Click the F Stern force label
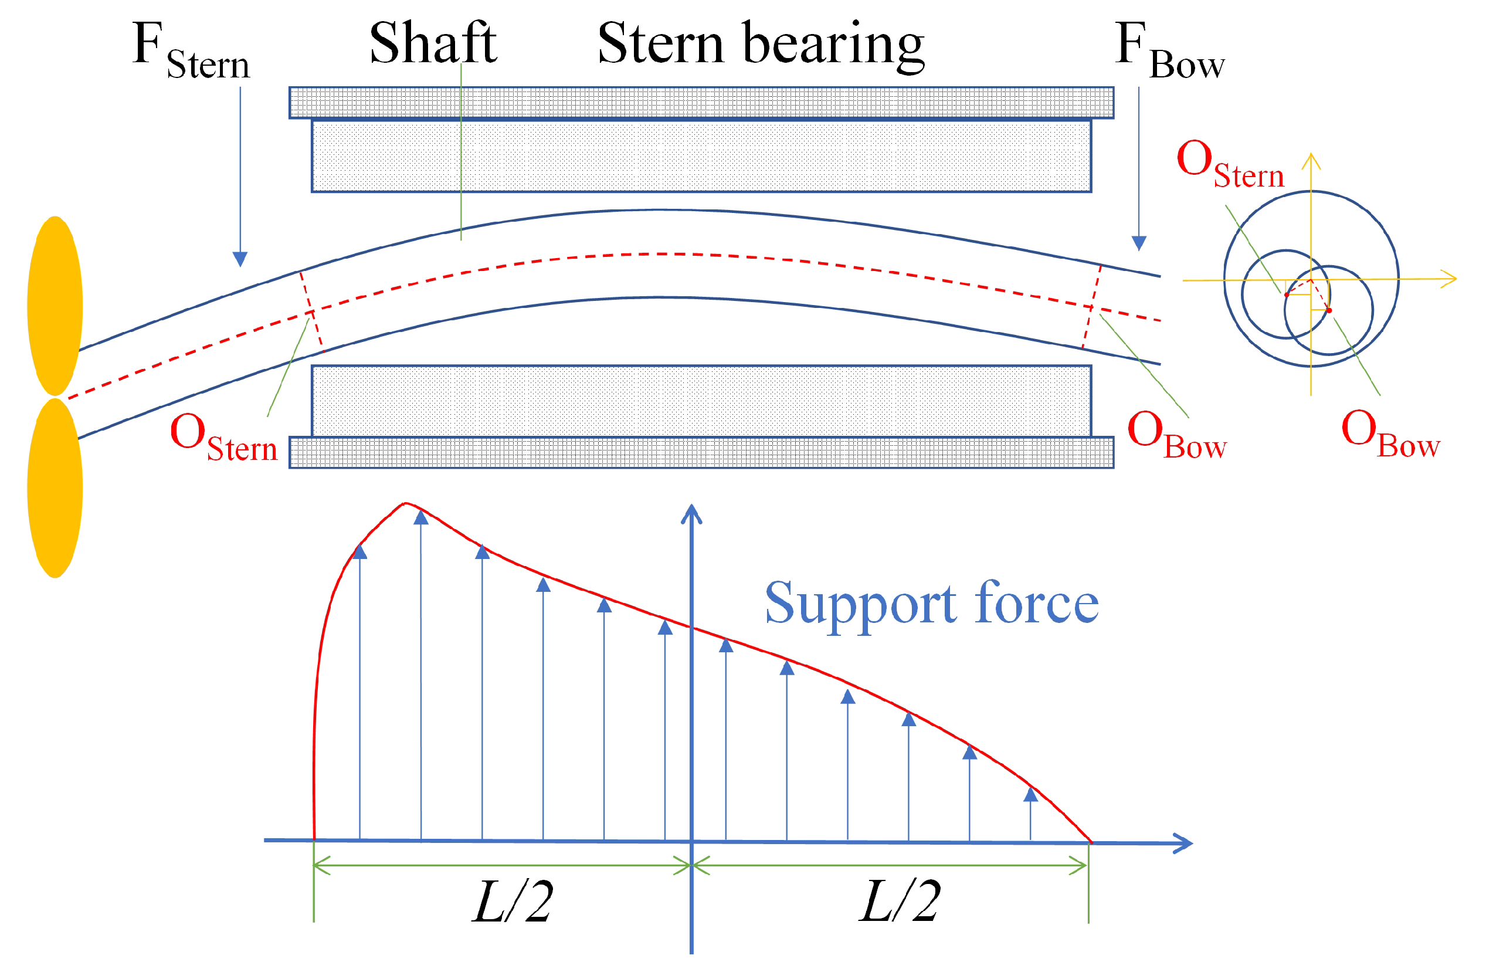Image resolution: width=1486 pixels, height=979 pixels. point(191,50)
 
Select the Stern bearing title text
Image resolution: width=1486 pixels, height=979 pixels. point(761,44)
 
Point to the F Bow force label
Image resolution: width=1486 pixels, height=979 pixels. point(1169,50)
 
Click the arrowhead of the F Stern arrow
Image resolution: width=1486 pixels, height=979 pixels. point(240,259)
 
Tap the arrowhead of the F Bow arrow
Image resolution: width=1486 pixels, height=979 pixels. point(1139,243)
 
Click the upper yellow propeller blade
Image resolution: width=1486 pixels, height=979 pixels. point(55,306)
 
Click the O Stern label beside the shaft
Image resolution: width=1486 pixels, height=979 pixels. point(223,437)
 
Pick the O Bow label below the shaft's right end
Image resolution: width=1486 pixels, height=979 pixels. point(1176,435)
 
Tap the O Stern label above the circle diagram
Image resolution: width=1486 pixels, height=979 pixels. point(1229,164)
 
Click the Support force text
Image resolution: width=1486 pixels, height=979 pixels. point(932,604)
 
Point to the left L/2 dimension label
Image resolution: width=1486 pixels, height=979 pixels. point(512,902)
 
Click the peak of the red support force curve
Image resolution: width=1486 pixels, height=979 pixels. point(406,503)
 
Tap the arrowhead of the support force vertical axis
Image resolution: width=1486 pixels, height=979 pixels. point(691,513)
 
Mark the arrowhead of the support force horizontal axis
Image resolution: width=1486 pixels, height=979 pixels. point(1184,843)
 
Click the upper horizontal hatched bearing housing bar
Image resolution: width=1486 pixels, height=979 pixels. point(701,103)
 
